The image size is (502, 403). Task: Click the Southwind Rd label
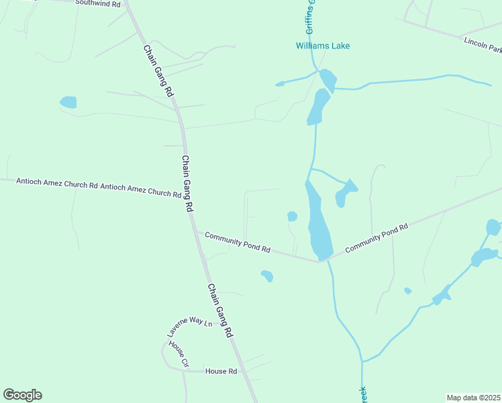97,3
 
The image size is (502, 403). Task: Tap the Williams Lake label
323,46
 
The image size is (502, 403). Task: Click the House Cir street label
179,354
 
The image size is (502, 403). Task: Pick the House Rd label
221,371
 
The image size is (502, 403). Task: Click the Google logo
22,395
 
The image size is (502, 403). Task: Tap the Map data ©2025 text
473,398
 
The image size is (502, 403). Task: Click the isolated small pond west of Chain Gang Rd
68,102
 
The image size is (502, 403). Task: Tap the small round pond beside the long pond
292,216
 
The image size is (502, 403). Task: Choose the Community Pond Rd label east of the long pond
376,239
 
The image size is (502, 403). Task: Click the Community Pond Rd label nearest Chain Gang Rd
237,242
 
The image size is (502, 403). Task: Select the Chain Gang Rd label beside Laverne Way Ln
220,310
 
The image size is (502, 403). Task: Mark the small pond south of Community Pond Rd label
267,275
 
